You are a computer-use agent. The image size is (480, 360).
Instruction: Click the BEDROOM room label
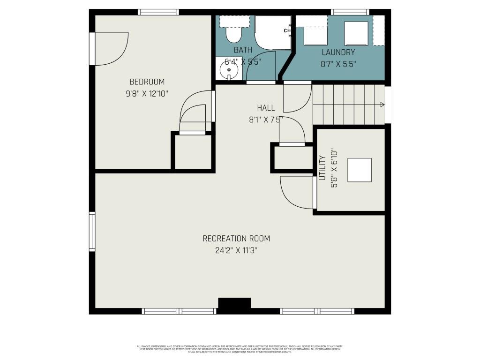coord(147,82)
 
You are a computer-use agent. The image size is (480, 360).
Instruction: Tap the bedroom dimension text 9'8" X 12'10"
coord(147,94)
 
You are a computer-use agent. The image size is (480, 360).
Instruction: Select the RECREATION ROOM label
coord(236,239)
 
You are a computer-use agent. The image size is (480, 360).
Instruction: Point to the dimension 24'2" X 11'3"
coord(236,250)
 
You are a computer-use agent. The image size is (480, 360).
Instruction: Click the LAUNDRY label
coord(338,52)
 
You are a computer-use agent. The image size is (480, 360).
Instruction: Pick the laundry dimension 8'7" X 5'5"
coord(338,64)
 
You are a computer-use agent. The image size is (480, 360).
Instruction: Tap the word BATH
coord(243,50)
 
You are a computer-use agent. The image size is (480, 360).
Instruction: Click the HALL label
coord(266,108)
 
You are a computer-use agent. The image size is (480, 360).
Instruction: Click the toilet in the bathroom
coord(233,31)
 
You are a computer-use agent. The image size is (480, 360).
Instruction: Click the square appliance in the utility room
coord(359,170)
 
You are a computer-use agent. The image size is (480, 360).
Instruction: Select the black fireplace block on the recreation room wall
coord(234,303)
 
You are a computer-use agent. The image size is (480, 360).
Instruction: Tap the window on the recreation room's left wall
coord(92,232)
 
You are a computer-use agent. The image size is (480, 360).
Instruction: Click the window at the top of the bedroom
coord(158,12)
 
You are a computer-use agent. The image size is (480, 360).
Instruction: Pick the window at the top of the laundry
coord(350,12)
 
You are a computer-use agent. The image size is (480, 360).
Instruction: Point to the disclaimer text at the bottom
coord(240,349)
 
